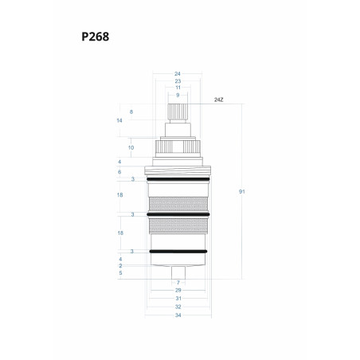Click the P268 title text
coord(95,37)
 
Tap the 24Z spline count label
coord(219,100)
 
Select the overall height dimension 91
coord(241,191)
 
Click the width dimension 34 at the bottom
coord(178,315)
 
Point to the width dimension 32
coord(178,307)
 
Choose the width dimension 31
coord(178,299)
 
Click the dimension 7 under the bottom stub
coord(178,283)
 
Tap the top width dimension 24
coord(178,73)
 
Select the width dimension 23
coord(178,81)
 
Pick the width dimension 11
coord(178,88)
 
